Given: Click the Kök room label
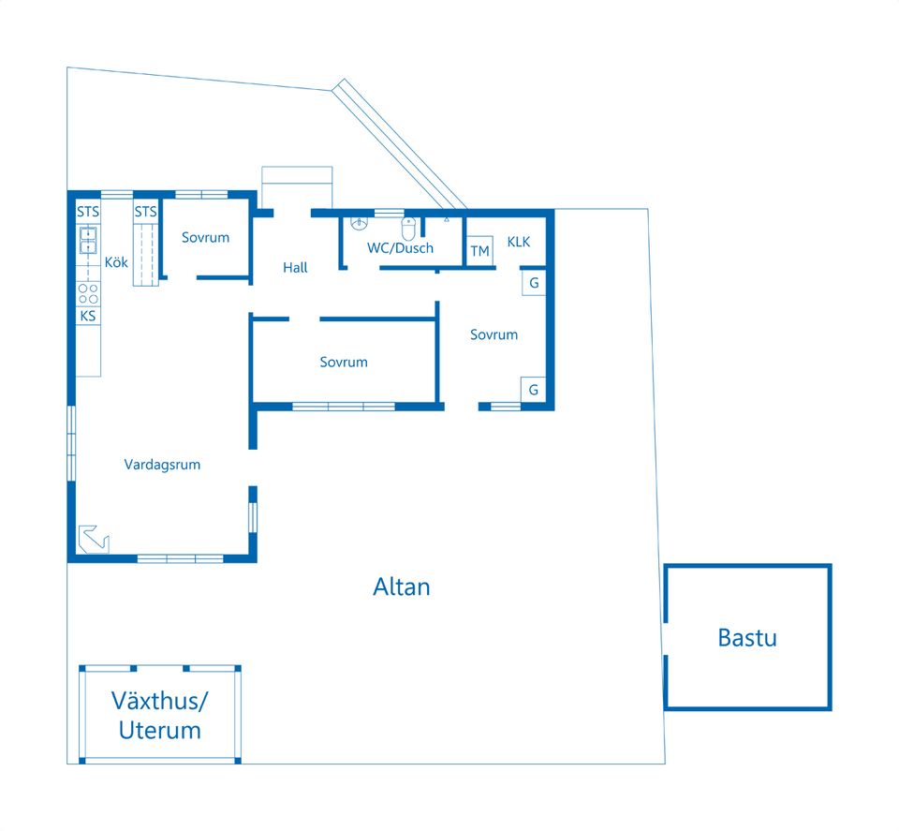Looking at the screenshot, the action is point(116,262).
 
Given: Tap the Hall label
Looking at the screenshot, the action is point(295,267).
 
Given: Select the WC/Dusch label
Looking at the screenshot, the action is point(400,248).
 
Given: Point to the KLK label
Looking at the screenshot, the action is point(518,242).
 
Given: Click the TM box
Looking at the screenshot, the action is point(479,251).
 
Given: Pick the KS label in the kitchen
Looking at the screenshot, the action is point(88,316).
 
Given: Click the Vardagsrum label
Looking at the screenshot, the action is point(162,465).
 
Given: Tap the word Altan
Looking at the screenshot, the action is point(402,586).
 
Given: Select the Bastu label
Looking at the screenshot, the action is point(747,638).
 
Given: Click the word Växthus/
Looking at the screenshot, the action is point(160,701).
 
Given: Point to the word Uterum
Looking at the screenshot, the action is point(160,731).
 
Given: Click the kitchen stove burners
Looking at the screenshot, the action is point(88,294).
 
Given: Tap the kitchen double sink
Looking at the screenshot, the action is point(88,240).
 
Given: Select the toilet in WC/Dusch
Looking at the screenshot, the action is point(408,229).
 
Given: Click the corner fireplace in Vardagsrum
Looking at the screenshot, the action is point(93,540).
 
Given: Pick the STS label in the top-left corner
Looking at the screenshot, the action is point(88,212).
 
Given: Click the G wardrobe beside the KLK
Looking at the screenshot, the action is point(534,283).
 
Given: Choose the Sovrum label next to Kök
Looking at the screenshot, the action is point(205,237).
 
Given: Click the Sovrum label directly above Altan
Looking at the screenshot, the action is point(344,362).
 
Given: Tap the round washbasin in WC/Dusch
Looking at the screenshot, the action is point(359,223).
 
